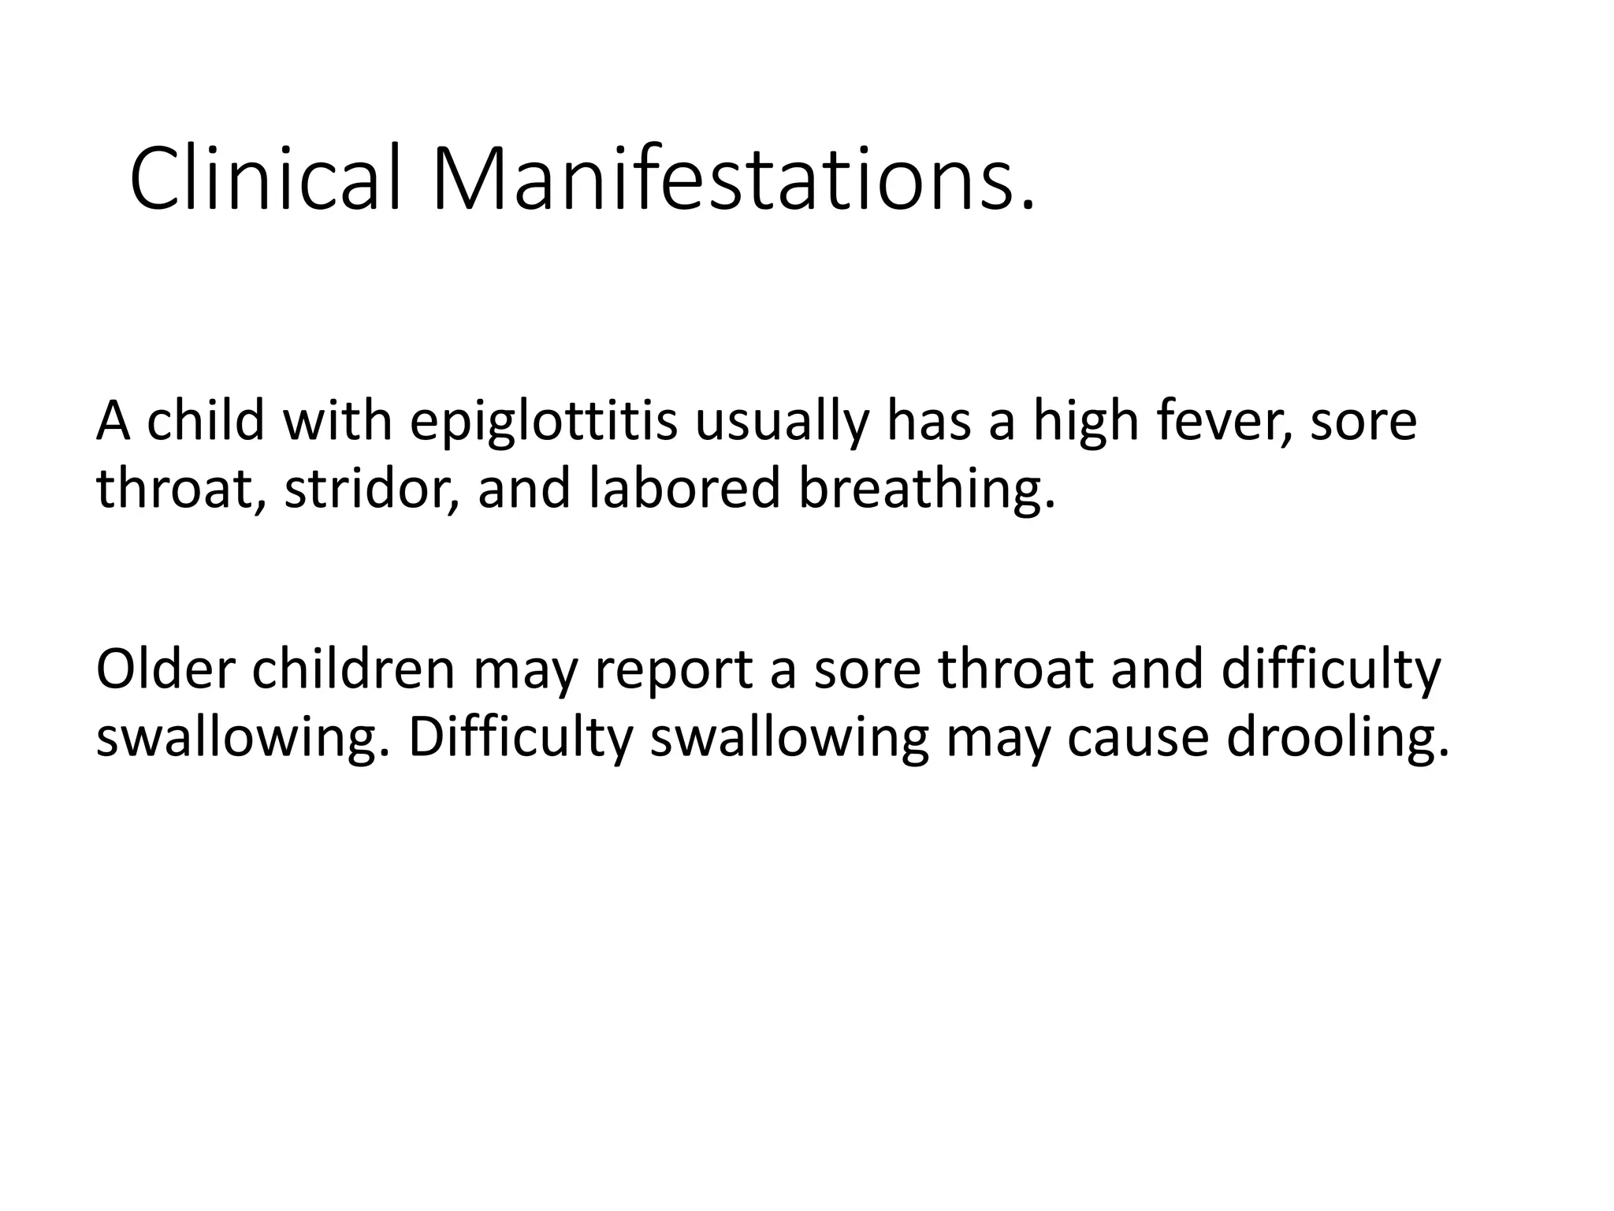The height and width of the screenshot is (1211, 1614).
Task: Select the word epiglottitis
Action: (x=543, y=422)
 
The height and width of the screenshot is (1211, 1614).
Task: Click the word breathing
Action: (x=925, y=488)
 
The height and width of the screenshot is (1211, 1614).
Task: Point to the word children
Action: (x=354, y=670)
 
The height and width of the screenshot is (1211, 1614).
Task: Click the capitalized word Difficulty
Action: (x=520, y=737)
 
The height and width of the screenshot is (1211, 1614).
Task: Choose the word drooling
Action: (x=1337, y=737)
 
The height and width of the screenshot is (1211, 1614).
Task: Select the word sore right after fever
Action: (x=1363, y=422)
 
